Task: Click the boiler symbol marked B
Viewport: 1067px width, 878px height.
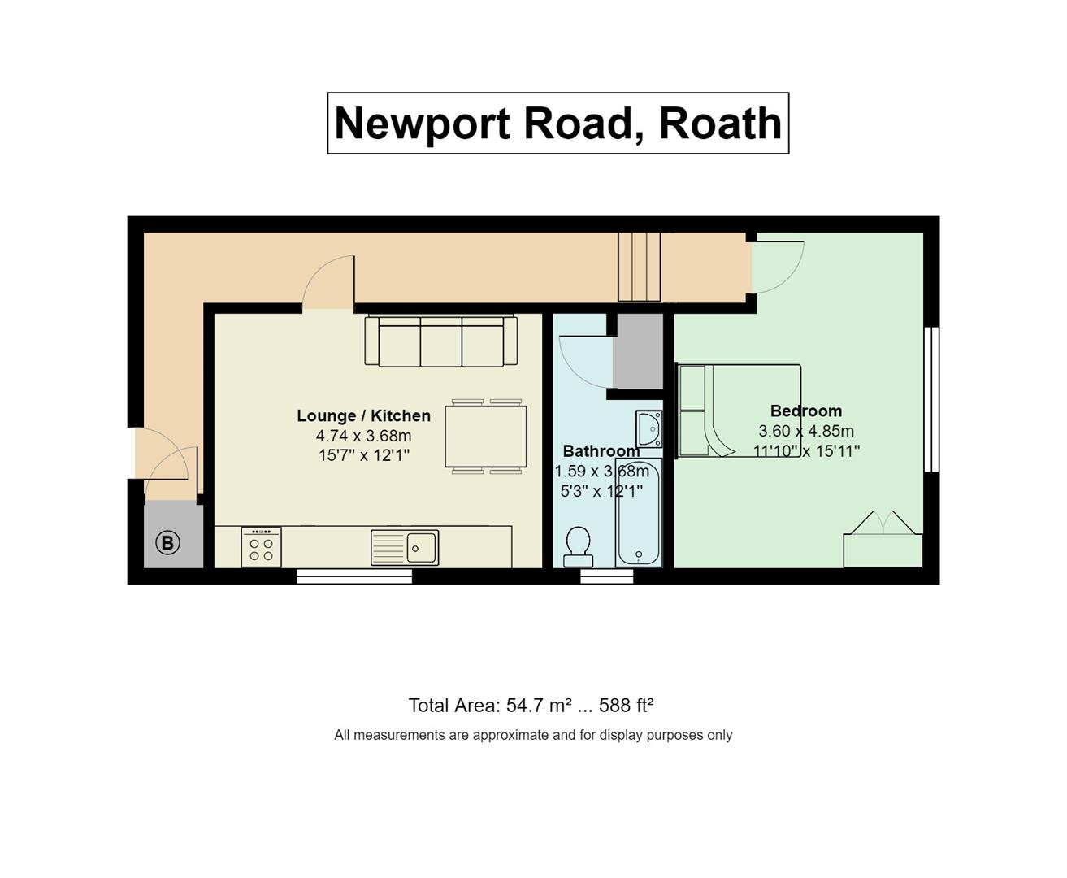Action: coord(167,543)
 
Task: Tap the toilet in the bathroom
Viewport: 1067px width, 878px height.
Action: coord(578,547)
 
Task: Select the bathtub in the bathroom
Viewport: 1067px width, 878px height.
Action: coord(639,513)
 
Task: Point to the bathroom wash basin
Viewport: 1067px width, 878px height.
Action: coord(649,429)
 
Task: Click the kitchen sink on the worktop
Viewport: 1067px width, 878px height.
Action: coord(405,548)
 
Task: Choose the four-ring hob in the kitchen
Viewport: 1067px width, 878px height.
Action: coord(261,547)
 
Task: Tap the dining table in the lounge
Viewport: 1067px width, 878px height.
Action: coord(486,437)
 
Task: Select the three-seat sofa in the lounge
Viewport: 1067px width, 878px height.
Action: coord(440,340)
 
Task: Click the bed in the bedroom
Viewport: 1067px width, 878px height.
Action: coord(739,411)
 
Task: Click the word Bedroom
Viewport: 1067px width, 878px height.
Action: coord(806,411)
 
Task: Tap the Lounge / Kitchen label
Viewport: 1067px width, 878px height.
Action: coord(364,416)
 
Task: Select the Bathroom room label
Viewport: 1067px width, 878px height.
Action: coord(601,451)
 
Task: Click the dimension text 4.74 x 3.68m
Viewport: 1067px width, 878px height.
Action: coord(364,436)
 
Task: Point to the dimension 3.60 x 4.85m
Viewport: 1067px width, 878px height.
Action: coord(806,431)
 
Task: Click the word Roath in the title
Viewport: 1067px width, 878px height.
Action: coord(721,124)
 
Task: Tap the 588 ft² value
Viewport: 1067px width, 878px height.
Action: coord(627,706)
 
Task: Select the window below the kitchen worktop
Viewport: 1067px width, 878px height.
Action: coord(354,576)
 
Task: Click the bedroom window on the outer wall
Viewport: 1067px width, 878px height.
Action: coord(932,400)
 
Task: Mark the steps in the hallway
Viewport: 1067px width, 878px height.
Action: coord(640,267)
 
